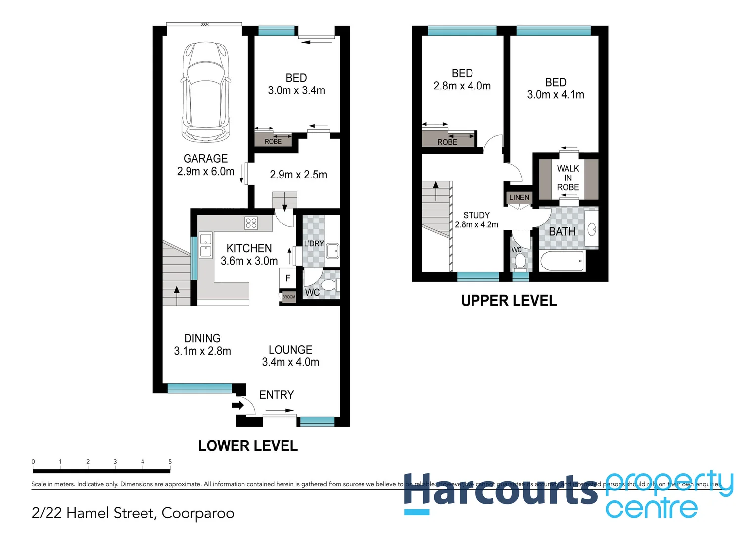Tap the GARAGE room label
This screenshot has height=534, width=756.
[205, 159]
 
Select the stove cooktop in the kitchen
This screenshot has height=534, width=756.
[251, 223]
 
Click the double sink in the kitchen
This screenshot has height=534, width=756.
[205, 245]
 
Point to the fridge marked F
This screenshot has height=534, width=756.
[287, 278]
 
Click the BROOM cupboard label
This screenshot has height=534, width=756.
[288, 297]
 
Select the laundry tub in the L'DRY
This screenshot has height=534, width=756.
[332, 251]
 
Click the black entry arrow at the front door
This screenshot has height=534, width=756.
[238, 405]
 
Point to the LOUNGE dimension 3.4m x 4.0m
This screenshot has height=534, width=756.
[290, 362]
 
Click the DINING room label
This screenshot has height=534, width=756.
[202, 338]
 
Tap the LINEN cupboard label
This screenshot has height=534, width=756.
[519, 197]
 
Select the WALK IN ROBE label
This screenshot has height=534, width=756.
[568, 178]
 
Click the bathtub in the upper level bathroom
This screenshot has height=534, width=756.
[562, 261]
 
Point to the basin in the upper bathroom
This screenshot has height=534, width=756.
[592, 229]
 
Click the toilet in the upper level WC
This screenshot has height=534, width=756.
[519, 260]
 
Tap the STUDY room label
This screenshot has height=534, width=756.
[476, 215]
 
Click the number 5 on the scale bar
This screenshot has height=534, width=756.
[170, 462]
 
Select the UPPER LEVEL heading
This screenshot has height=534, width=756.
[509, 301]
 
